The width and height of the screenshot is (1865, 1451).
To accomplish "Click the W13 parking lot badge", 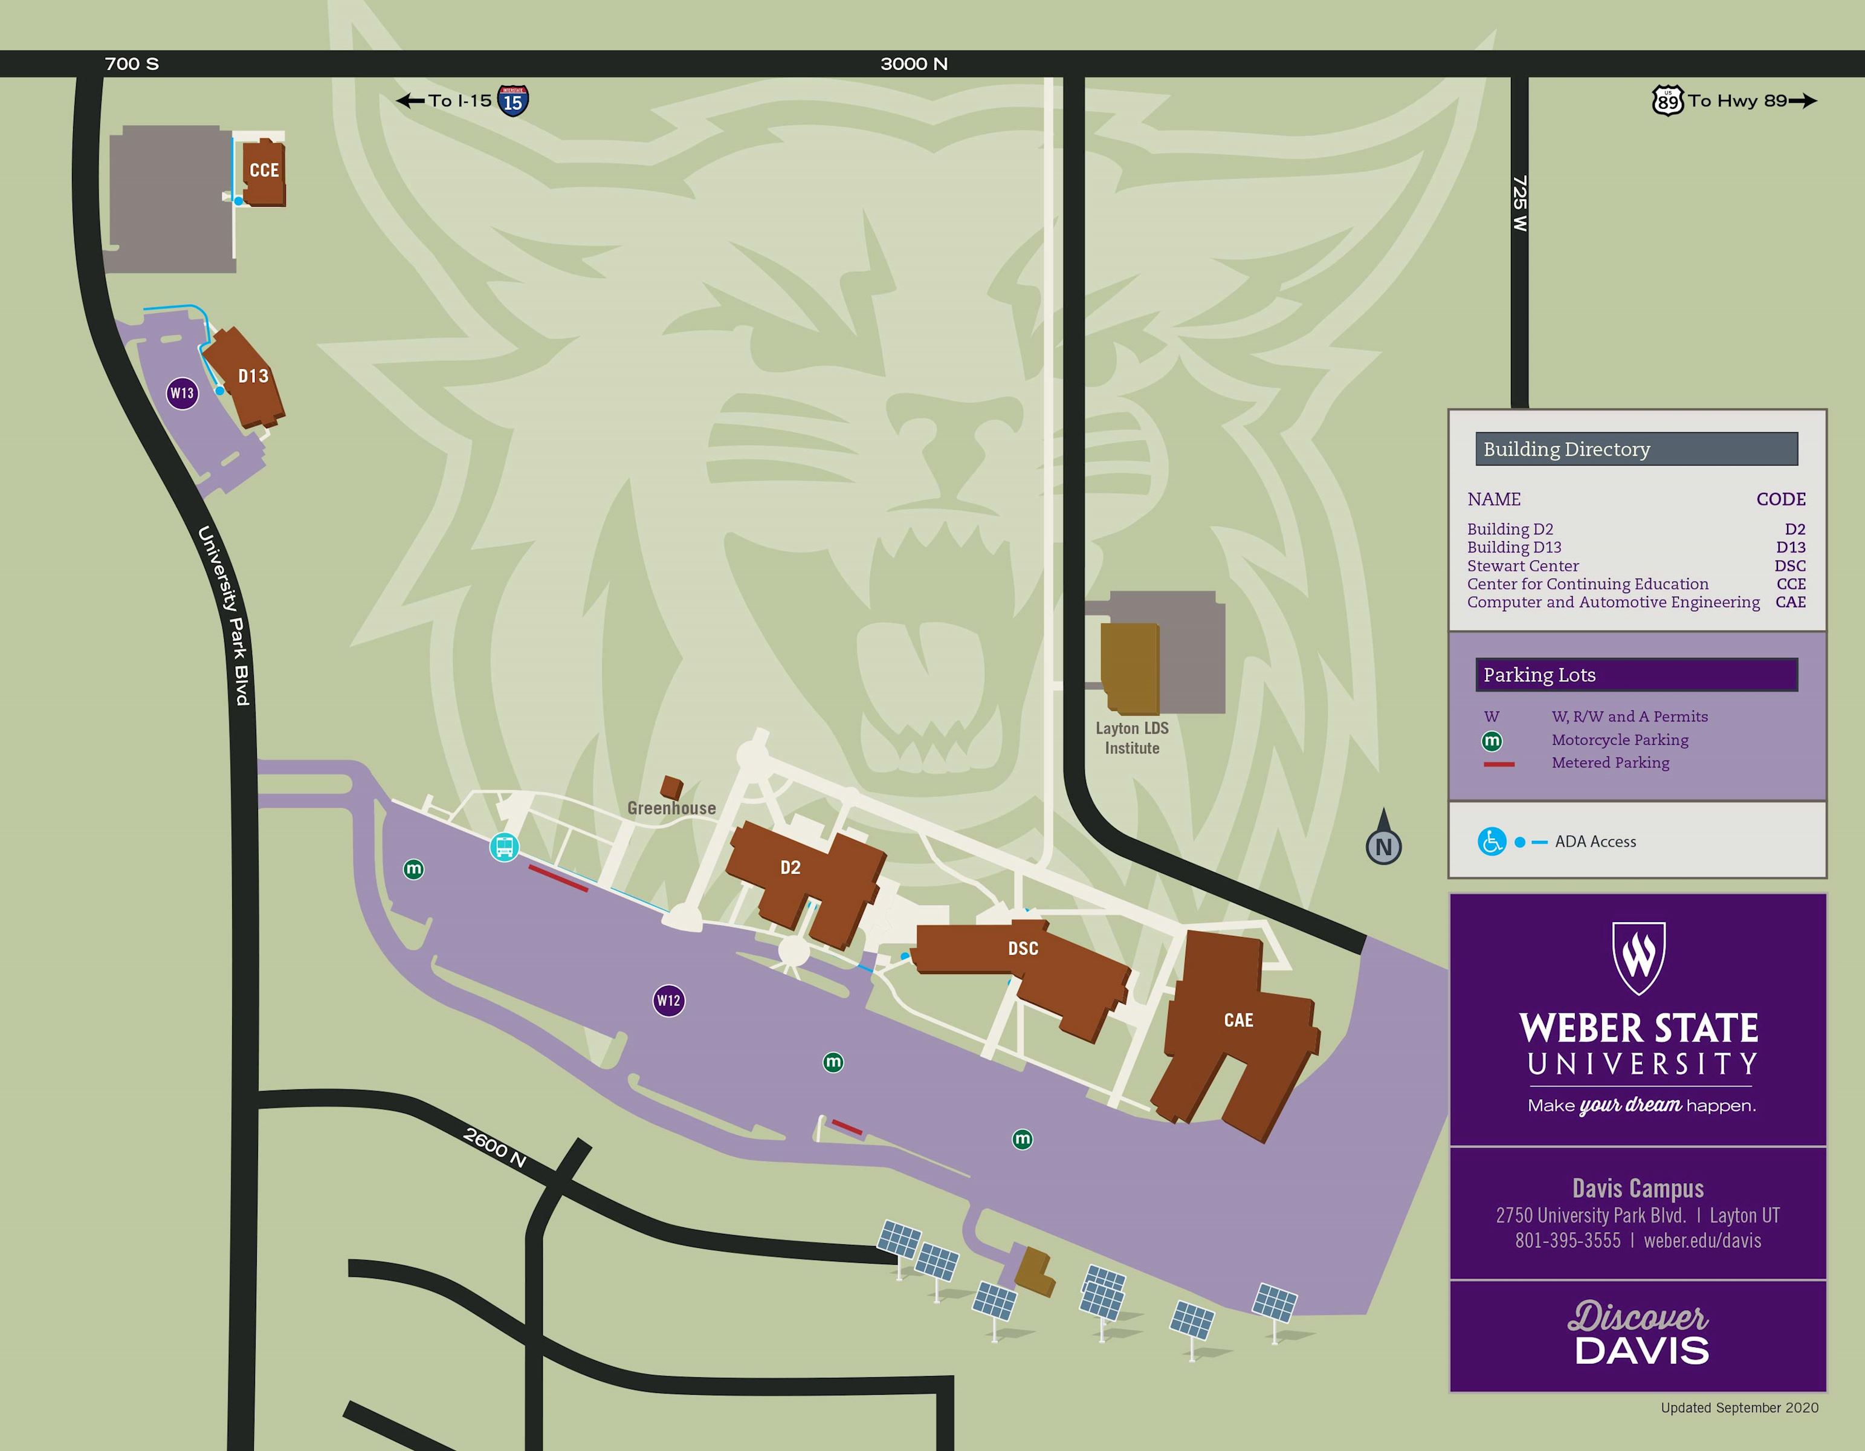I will tap(182, 393).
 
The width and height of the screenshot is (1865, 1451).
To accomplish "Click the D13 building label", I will tap(253, 376).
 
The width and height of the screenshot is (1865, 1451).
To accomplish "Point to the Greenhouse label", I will tap(671, 808).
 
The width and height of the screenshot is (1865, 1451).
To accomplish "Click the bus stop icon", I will tap(504, 847).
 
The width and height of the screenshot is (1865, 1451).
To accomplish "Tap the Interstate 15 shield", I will tap(512, 101).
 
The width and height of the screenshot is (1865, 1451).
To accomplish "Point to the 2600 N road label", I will tap(494, 1148).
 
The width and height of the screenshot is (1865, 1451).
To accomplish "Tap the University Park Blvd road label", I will tap(224, 615).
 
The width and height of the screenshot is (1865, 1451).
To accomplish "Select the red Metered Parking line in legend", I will tap(1499, 764).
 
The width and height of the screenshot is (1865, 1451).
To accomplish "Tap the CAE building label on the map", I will tap(1238, 1020).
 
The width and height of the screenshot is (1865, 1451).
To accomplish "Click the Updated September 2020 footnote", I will tap(1739, 1407).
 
